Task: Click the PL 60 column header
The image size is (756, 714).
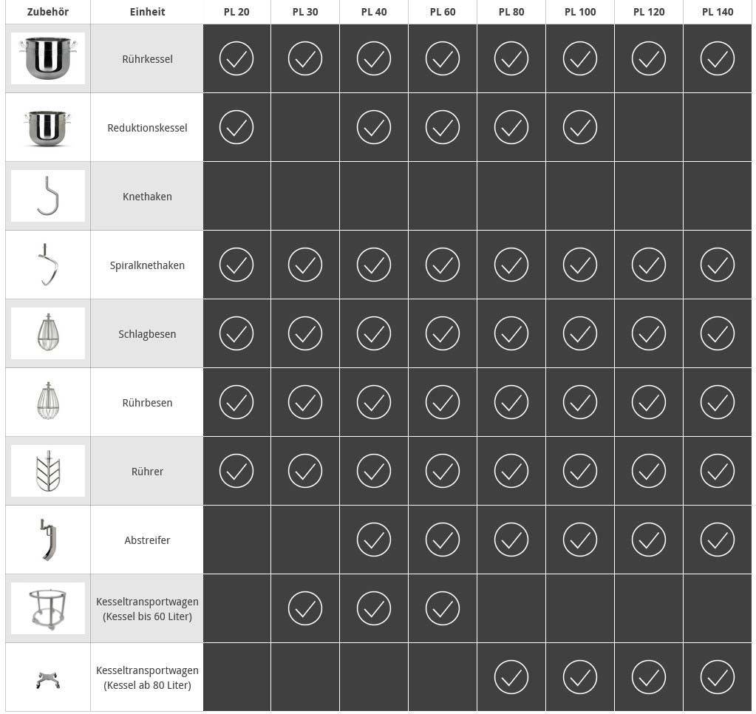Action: tap(442, 12)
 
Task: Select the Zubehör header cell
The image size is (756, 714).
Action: tap(47, 12)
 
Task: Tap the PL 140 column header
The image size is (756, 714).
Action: tap(717, 12)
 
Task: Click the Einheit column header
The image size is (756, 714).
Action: tap(147, 12)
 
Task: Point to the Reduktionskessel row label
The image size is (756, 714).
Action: tap(147, 128)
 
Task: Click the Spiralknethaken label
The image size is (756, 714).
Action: tap(147, 265)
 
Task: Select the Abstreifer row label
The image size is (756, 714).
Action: tap(147, 540)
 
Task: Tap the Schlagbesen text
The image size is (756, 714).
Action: tap(147, 334)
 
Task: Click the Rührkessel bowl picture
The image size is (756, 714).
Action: tap(47, 58)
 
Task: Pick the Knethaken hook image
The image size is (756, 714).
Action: tap(47, 196)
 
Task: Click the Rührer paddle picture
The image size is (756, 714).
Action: tap(47, 471)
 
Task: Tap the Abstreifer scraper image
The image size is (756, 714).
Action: tap(47, 540)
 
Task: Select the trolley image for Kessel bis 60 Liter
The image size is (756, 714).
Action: tap(47, 608)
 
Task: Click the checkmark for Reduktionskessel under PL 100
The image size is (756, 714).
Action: tap(579, 127)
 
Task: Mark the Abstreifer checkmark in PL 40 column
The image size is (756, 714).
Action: tap(373, 540)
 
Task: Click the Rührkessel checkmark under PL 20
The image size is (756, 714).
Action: tap(236, 58)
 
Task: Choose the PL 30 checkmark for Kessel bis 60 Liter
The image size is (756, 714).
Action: tap(304, 608)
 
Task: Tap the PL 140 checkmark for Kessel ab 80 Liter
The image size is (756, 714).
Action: tap(717, 677)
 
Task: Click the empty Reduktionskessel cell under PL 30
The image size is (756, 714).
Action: tap(304, 127)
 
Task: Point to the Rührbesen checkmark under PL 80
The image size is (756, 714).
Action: tap(511, 402)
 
